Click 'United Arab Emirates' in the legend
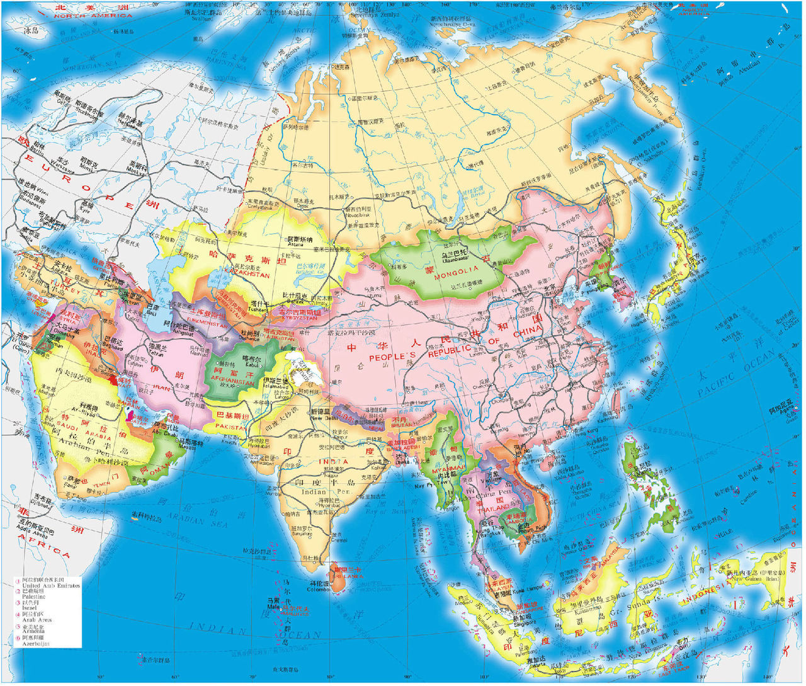point(51,585)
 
